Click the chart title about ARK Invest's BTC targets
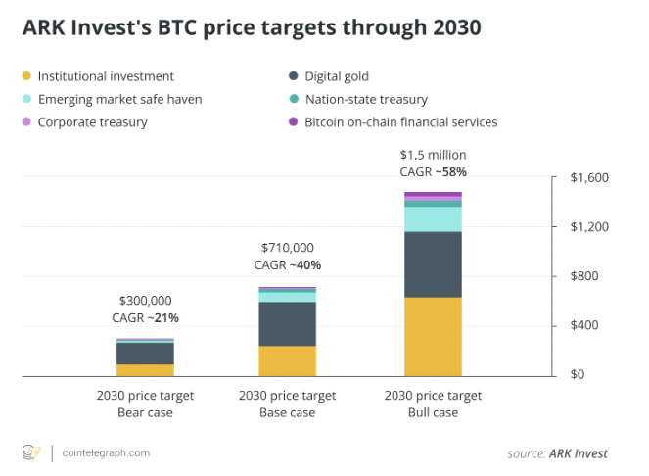(252, 28)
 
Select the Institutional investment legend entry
(106, 76)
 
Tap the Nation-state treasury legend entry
(366, 99)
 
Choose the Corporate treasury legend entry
(92, 122)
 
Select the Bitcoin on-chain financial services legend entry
(400, 122)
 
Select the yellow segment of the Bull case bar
(433, 336)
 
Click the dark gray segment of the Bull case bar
(433, 264)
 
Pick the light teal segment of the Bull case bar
(433, 218)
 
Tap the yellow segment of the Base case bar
(287, 360)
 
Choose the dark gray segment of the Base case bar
(287, 323)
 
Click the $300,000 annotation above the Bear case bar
(145, 301)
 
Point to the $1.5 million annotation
(433, 155)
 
